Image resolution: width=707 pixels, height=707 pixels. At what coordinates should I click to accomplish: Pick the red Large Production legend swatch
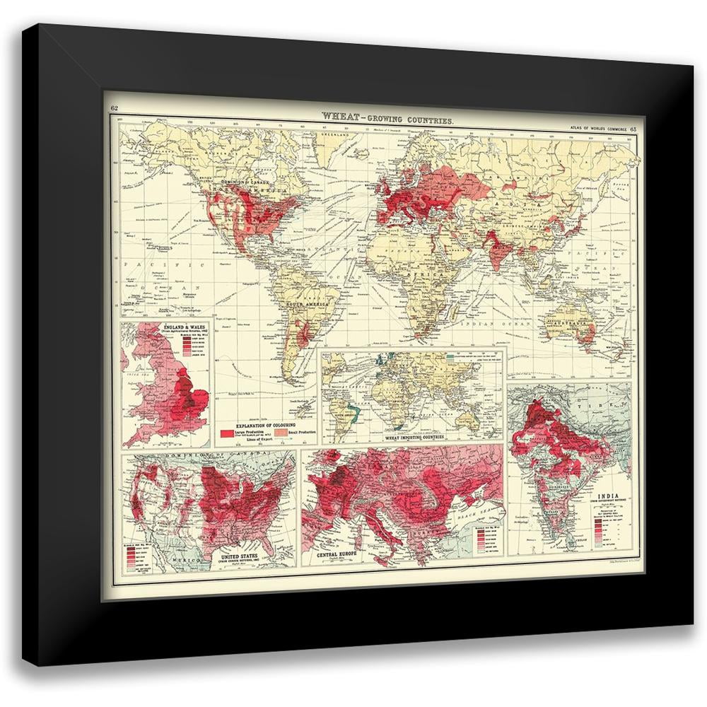227,431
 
